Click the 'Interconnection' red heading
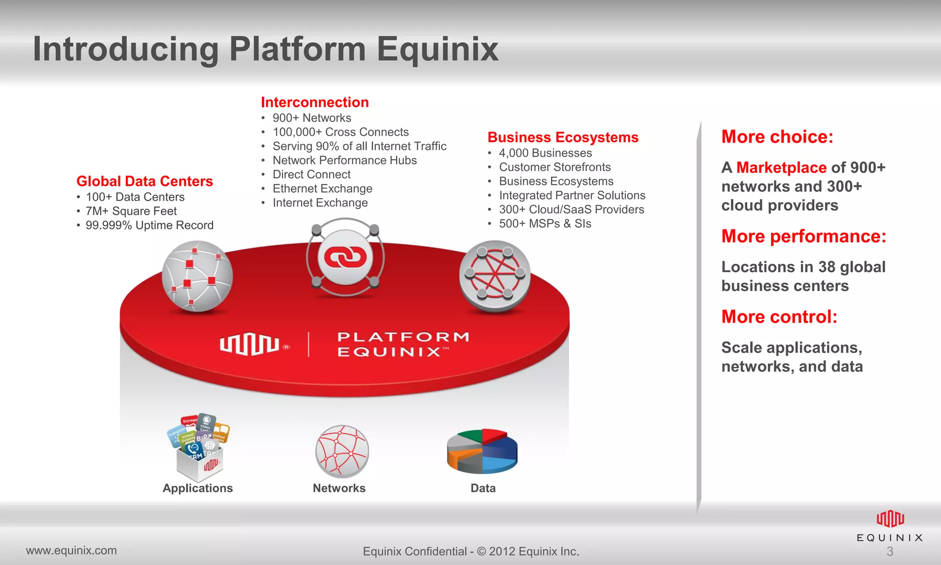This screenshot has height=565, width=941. point(315,102)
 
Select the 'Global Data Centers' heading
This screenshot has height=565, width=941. point(144,181)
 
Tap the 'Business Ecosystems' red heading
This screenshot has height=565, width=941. point(563,137)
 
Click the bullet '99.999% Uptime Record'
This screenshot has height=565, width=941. point(149,225)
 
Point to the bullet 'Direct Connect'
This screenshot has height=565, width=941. point(311,175)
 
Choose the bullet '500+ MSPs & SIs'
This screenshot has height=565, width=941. point(545,224)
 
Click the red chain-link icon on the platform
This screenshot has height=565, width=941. point(345,257)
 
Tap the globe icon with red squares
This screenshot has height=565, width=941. point(197,276)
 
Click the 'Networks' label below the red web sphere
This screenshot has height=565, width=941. point(339,488)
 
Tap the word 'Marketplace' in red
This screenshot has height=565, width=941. point(781,168)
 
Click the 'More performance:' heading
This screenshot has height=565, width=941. point(803,236)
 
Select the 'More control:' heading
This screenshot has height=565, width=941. point(779,317)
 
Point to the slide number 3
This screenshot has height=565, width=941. point(890,551)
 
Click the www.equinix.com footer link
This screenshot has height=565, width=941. point(71,550)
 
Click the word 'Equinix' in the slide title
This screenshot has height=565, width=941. point(437,50)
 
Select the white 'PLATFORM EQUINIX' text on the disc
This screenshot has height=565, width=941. point(403,344)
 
